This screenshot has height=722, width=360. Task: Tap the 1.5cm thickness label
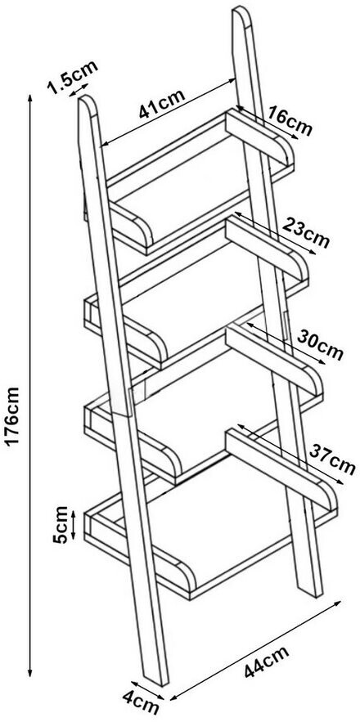coord(72,76)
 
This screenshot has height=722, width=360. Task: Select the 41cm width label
coord(162,104)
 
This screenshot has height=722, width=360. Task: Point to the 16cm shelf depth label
coord(290,121)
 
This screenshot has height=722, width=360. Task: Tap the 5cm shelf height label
coord(61,524)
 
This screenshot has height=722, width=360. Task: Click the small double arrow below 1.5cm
coord(79,90)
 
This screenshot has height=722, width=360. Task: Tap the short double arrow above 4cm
coord(147,691)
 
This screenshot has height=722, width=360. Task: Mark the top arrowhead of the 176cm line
coord(30,97)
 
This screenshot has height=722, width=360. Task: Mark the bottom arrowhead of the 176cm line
coord(30,674)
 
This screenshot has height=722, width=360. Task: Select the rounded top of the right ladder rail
coord(241,13)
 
